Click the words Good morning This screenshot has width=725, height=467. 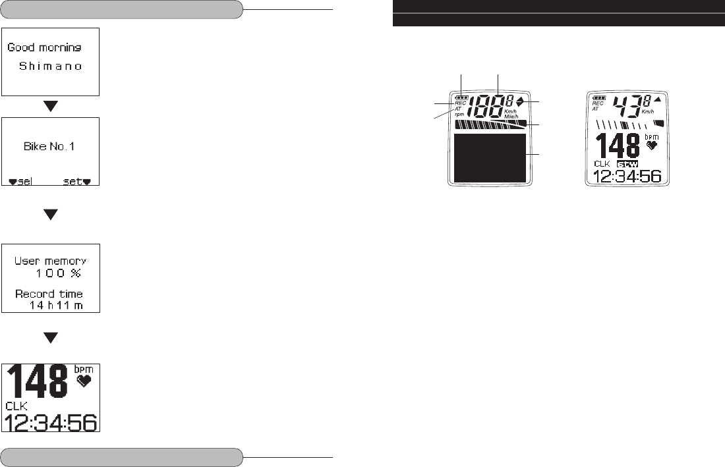(x=43, y=48)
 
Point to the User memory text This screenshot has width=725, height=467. (x=51, y=261)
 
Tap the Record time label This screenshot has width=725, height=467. (x=50, y=294)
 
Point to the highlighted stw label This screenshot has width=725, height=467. (x=627, y=163)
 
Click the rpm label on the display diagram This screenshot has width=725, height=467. (x=459, y=114)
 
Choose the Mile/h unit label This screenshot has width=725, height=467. (x=512, y=116)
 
